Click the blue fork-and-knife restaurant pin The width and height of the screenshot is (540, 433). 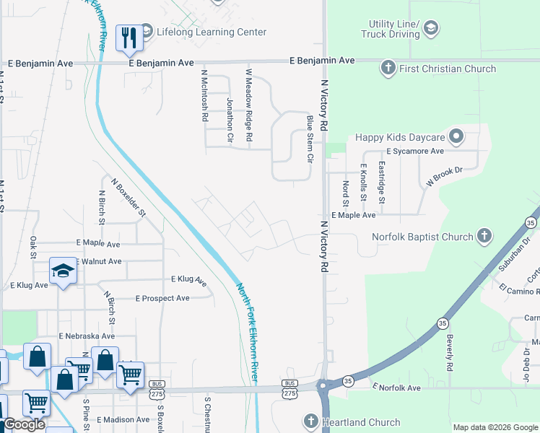[x=129, y=39]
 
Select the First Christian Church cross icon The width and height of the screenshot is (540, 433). [x=388, y=69]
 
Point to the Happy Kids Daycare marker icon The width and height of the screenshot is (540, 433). [x=456, y=136]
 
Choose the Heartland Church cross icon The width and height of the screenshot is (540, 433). [x=311, y=421]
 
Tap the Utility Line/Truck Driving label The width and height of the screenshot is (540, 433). [x=393, y=30]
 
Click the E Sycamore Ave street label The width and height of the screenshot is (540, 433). [x=414, y=152]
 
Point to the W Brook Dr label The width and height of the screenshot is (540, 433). [x=443, y=178]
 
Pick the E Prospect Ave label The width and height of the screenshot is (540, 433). [x=162, y=298]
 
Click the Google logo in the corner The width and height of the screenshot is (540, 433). [x=24, y=424]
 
